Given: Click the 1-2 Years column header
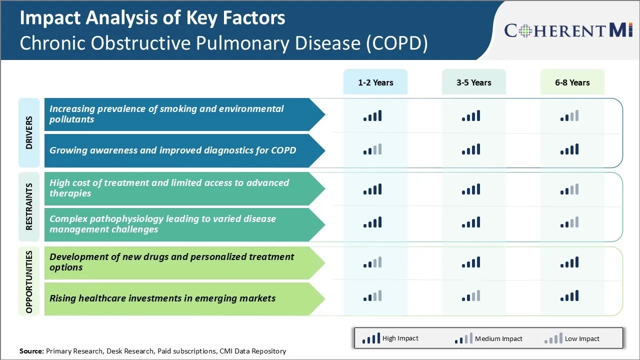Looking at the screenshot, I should point(375,82).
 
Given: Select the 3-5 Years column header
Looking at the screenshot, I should point(473,82).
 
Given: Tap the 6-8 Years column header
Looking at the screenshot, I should point(572,82).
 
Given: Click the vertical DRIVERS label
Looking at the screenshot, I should point(29,132).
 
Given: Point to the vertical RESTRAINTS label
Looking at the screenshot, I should point(29,206).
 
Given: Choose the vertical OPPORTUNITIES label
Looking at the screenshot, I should point(29,281).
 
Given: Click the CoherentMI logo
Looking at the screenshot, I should point(568,30).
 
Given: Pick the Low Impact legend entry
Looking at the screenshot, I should point(572,338).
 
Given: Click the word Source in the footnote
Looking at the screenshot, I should point(31,351).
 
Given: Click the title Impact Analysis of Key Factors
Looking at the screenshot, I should point(152,18).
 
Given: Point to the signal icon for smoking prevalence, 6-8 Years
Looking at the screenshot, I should point(569,116).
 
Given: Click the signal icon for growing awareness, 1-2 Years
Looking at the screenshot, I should point(372,149).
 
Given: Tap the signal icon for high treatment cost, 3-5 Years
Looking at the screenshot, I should point(471,189).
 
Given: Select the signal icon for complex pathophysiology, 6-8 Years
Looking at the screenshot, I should point(569,222).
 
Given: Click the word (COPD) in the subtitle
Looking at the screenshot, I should point(397,43).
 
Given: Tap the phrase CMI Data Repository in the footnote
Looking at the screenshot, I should point(252,351).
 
